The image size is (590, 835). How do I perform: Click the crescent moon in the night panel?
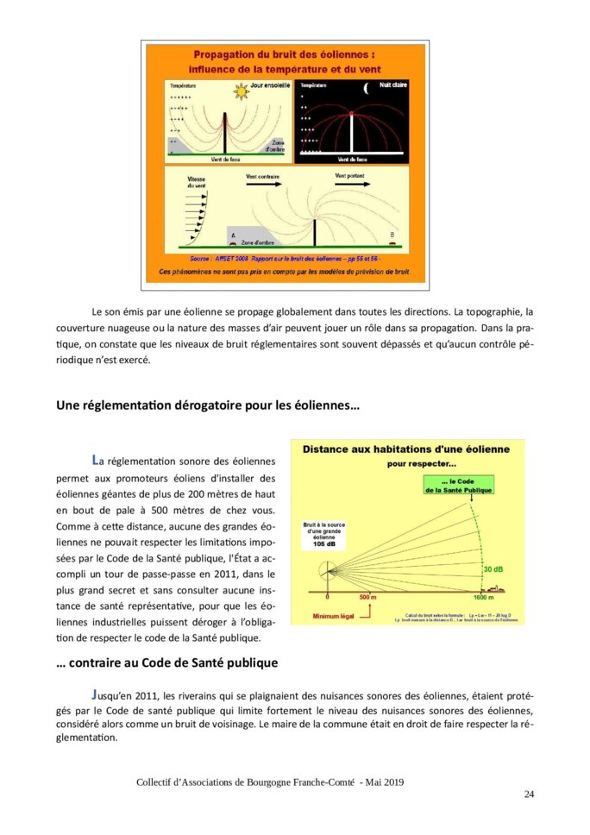click(367, 87)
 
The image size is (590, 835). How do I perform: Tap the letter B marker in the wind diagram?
click(392, 235)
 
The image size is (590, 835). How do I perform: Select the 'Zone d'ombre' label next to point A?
click(259, 242)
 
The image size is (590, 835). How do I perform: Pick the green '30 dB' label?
click(493, 569)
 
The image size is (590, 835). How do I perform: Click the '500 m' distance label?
click(368, 597)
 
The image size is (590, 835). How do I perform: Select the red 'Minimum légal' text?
click(335, 616)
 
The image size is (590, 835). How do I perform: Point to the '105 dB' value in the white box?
click(323, 546)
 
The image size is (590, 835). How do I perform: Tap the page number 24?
click(529, 794)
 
